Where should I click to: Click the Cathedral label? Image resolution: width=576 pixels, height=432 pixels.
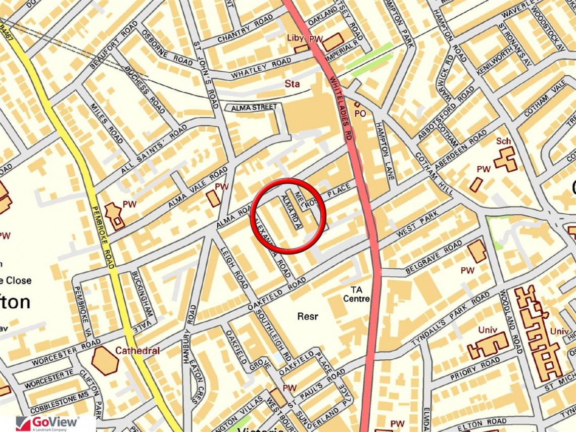point(137,350)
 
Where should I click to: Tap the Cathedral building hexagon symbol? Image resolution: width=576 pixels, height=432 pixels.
point(105,361)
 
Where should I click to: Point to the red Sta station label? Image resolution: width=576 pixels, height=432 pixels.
point(292,83)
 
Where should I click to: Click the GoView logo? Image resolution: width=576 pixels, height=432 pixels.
point(48,423)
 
